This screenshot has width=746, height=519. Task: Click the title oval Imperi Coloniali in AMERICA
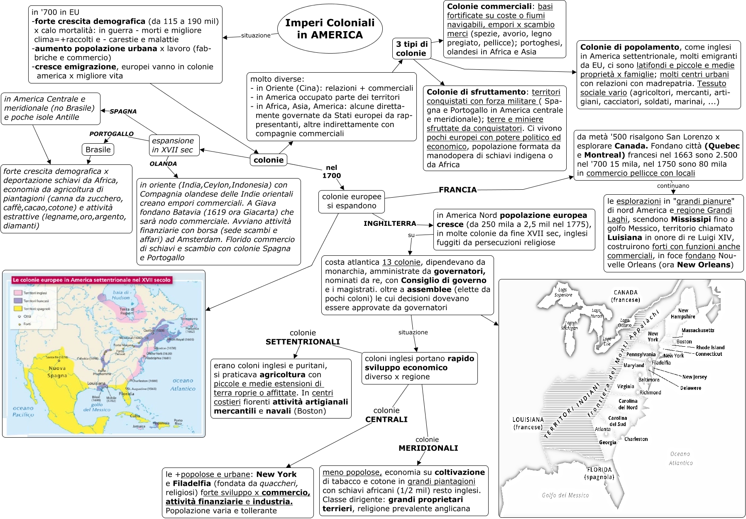pyautogui.click(x=330, y=29)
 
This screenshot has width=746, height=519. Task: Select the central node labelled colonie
pyautogui.click(x=269, y=160)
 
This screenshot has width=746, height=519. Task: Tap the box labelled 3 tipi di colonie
pyautogui.click(x=411, y=49)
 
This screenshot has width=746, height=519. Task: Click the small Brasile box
pyautogui.click(x=98, y=149)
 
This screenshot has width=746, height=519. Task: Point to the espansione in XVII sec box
pyautogui.click(x=174, y=145)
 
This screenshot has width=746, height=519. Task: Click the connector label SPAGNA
pyautogui.click(x=123, y=111)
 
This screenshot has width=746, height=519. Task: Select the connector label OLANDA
pyautogui.click(x=163, y=164)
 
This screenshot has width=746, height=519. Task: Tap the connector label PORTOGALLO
pyautogui.click(x=111, y=134)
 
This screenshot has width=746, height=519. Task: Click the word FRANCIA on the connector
pyautogui.click(x=457, y=190)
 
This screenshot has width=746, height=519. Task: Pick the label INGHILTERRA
pyautogui.click(x=389, y=223)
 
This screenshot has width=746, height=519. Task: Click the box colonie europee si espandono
pyautogui.click(x=352, y=201)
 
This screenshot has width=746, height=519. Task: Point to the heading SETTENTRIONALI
pyautogui.click(x=303, y=342)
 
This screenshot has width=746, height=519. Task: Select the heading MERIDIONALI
pyautogui.click(x=428, y=448)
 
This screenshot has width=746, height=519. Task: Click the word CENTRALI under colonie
pyautogui.click(x=386, y=419)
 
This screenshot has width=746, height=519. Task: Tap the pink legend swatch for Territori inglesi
pyautogui.click(x=18, y=293)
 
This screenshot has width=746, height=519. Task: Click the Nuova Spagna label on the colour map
pyautogui.click(x=57, y=372)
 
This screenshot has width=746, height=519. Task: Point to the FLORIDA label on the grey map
pyautogui.click(x=599, y=470)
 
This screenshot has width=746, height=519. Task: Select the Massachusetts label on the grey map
pyautogui.click(x=697, y=330)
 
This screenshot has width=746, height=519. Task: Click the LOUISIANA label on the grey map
pyautogui.click(x=528, y=420)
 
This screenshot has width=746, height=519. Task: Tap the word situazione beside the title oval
pyautogui.click(x=256, y=36)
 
